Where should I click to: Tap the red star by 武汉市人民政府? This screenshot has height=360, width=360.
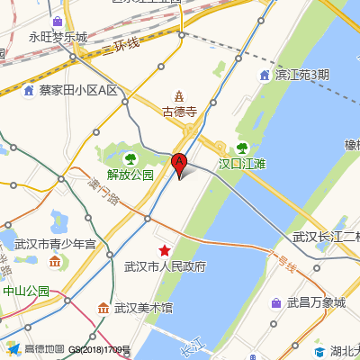coord(165,249)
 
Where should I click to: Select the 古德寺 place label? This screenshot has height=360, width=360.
coord(179,112)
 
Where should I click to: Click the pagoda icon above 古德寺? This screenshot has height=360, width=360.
coord(179,95)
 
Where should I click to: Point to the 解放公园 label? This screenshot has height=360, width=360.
coord(130,175)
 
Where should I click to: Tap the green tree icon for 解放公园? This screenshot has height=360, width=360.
coord(130,159)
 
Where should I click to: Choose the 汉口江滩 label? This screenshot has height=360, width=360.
coord(243,164)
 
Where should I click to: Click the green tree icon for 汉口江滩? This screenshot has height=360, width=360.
coord(241,148)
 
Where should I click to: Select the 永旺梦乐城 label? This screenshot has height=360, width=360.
coord(58,38)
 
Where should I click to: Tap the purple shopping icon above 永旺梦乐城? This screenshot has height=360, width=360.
coord(58,22)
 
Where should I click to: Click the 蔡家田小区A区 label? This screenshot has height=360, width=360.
coord(78,90)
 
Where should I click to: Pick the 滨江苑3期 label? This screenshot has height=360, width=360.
coord(301,74)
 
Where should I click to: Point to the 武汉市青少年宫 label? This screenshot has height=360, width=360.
coord(55,244)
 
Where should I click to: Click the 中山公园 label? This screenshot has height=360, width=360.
coord(25,291)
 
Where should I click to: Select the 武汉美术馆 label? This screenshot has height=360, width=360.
coord(142,308)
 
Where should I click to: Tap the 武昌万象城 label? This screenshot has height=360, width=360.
coord(315,302)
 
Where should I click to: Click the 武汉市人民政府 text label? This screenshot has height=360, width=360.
coord(165,266)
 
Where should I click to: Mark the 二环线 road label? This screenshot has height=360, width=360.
coord(121,45)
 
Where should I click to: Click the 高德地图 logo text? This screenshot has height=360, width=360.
coord(43,349)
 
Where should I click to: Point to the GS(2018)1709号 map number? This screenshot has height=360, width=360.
coord(99,350)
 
